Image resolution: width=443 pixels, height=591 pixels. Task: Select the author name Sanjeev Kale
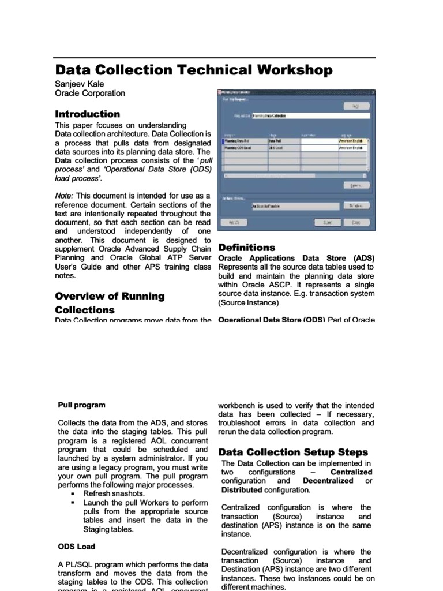click(80, 84)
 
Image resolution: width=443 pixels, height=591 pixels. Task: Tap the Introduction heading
click(87, 114)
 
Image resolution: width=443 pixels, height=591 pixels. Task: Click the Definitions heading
click(247, 248)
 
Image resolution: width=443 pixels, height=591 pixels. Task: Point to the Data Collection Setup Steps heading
click(293, 452)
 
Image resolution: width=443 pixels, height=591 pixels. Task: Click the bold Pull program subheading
click(82, 405)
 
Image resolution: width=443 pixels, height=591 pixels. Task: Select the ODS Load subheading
click(77, 546)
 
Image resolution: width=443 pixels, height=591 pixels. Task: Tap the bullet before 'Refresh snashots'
click(73, 494)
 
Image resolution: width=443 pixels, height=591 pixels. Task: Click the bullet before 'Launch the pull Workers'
click(73, 503)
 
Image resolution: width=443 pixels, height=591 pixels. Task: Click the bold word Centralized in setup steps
click(351, 472)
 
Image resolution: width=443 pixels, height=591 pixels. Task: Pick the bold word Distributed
click(242, 490)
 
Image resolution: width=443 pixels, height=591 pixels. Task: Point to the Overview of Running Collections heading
click(110, 303)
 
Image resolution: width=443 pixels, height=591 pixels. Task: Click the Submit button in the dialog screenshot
click(327, 222)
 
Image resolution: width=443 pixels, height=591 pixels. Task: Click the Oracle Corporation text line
click(89, 93)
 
